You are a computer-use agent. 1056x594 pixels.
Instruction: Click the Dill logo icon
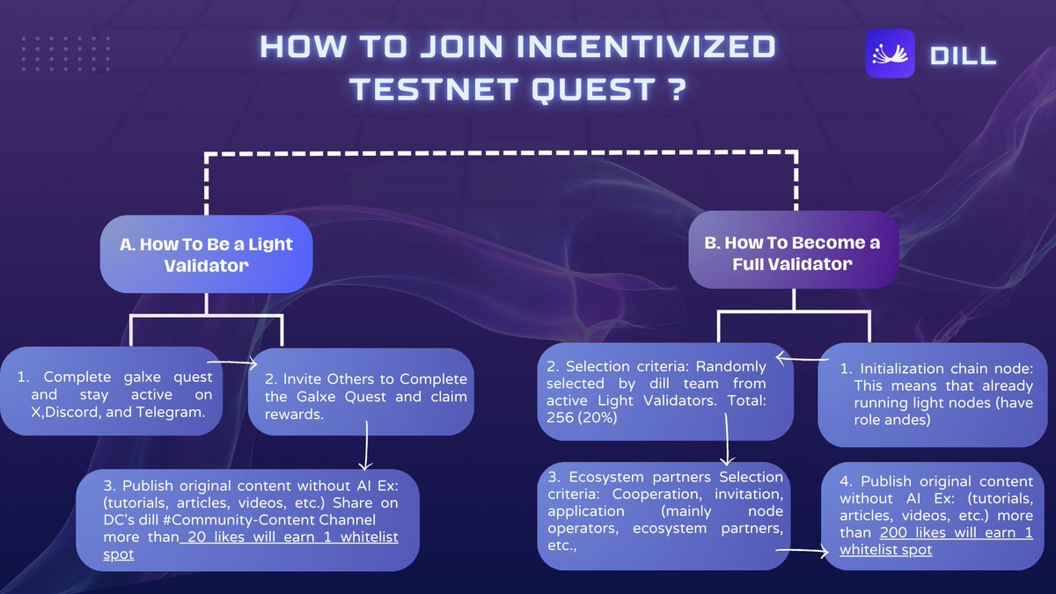[890, 54]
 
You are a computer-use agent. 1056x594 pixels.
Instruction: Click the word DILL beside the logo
[963, 55]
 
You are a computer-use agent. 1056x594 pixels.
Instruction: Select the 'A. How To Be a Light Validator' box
[206, 254]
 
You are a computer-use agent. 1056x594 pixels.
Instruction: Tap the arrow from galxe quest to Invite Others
[233, 362]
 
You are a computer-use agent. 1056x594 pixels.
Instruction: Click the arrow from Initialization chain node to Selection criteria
[797, 359]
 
